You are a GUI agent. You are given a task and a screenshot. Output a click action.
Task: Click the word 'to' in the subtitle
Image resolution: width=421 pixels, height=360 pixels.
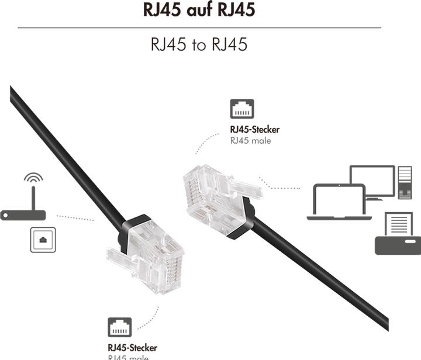click(x=199, y=45)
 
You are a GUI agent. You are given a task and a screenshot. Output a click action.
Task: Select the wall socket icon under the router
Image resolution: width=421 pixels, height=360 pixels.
click(x=43, y=240)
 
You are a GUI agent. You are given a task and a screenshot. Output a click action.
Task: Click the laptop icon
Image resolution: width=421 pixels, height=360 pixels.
click(x=337, y=203)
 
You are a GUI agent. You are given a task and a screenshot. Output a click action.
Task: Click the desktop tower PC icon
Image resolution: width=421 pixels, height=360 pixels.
click(x=404, y=183)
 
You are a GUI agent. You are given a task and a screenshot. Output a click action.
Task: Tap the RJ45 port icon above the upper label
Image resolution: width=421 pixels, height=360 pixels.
click(x=243, y=110)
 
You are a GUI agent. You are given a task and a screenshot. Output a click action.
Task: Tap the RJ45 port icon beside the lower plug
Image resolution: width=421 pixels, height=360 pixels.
click(x=119, y=327)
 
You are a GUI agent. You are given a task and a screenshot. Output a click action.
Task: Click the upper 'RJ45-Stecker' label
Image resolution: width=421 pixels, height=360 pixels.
click(x=255, y=129)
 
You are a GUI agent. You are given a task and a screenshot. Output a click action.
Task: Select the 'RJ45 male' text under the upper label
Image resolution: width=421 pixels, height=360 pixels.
click(x=251, y=141)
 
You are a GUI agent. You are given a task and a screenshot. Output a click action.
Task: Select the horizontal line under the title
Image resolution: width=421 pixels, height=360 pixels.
click(x=199, y=27)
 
